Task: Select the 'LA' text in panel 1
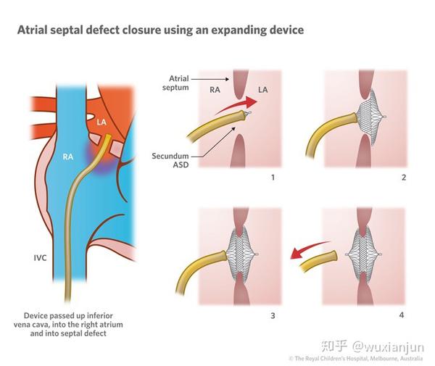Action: pos(263,91)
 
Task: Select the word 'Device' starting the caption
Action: pos(36,317)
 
